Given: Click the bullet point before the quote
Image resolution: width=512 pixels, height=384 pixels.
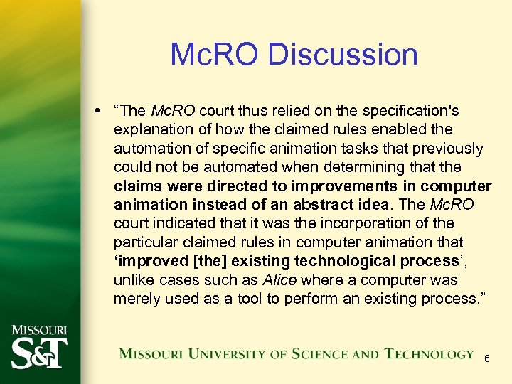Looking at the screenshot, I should click(103, 112).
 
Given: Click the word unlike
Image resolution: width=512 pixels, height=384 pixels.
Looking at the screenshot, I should click(134, 279).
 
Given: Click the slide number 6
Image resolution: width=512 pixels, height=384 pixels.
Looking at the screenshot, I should click(486, 359).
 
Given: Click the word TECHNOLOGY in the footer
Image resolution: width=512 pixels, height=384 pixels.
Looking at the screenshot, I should click(429, 354).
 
